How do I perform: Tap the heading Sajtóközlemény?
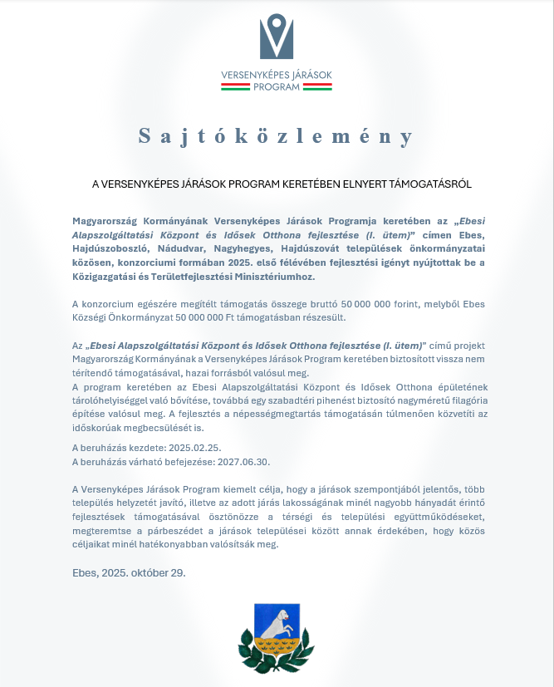click(276, 136)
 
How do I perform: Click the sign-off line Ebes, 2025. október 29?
click(129, 572)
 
